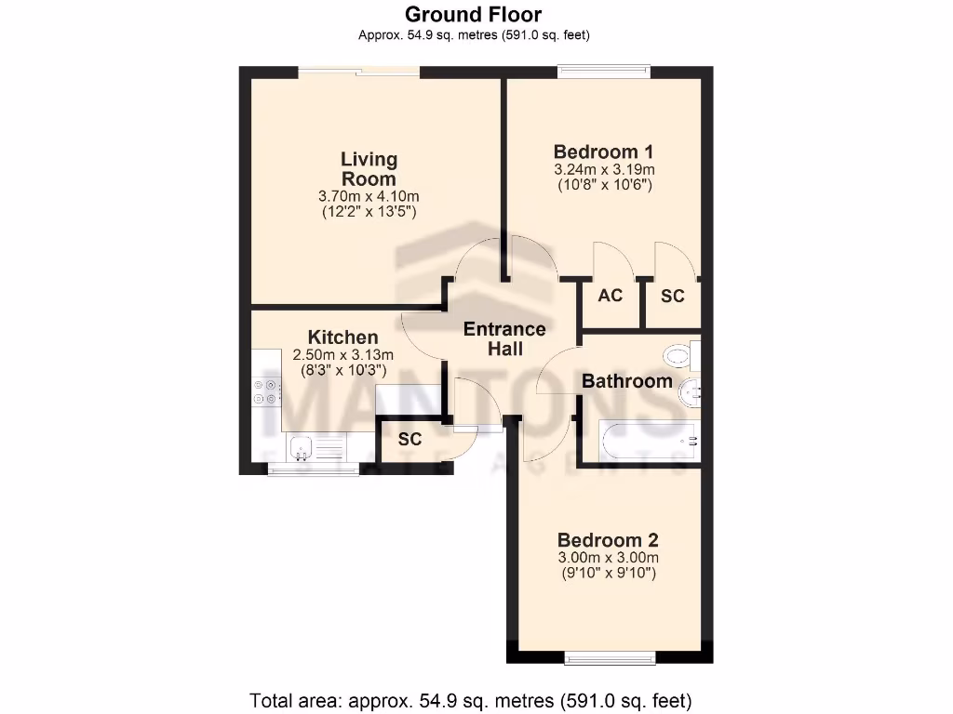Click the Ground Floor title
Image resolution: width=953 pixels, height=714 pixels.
(x=473, y=15)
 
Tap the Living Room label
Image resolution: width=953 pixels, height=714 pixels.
(x=369, y=169)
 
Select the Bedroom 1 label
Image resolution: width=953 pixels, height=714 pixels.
(x=603, y=152)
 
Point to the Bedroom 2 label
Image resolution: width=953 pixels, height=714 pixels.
(x=608, y=540)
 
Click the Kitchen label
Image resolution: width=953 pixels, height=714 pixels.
(x=343, y=337)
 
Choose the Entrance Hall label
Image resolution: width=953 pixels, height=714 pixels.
(x=504, y=338)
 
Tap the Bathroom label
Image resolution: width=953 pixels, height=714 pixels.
(x=626, y=381)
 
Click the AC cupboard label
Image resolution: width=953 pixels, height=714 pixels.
(x=610, y=297)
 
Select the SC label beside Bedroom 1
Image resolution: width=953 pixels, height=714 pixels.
(x=672, y=297)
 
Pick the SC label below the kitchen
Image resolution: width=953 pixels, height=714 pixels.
(x=409, y=439)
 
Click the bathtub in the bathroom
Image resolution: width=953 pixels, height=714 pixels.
(x=648, y=439)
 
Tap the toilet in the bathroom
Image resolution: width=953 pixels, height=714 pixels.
(x=681, y=355)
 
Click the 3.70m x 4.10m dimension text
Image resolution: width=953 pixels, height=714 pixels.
(x=369, y=196)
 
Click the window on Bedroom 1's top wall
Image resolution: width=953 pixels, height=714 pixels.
(x=603, y=67)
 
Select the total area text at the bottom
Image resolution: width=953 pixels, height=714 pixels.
(x=470, y=699)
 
